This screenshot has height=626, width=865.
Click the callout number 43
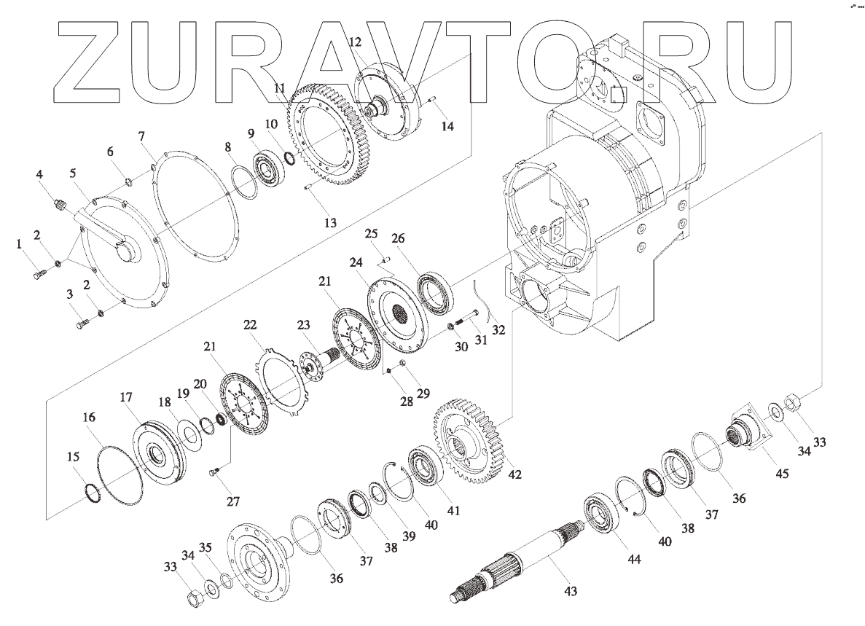click(571, 591)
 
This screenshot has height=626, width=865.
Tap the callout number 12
click(355, 42)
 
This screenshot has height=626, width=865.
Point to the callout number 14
click(447, 126)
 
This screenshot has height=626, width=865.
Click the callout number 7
click(141, 136)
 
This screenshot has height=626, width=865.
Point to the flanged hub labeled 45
click(745, 433)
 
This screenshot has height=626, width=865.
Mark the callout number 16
click(89, 418)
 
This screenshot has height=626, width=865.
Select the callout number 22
click(250, 325)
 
